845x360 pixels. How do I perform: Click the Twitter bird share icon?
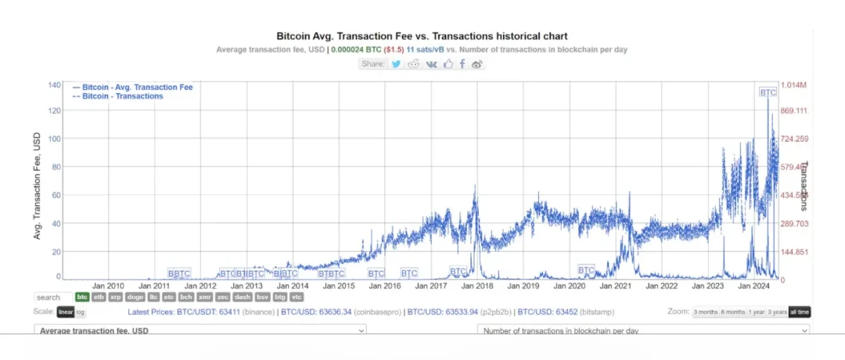tap(397, 63)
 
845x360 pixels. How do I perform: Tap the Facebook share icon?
tap(462, 63)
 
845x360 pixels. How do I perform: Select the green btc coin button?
tap(82, 297)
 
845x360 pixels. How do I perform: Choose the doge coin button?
tap(135, 297)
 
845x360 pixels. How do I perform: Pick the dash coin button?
tap(243, 297)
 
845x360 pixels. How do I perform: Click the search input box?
tap(53, 297)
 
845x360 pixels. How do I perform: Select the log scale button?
tap(81, 312)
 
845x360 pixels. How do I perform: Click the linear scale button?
tap(66, 312)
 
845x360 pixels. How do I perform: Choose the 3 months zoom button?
tap(706, 312)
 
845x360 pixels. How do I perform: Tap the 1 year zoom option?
tap(756, 312)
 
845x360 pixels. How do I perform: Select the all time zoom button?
tap(799, 312)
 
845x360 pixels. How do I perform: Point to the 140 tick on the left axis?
tap(54, 85)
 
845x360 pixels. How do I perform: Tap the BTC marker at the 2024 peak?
tap(768, 92)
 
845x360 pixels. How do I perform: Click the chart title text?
tap(422, 36)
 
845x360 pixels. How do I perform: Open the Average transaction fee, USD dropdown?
tap(200, 331)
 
